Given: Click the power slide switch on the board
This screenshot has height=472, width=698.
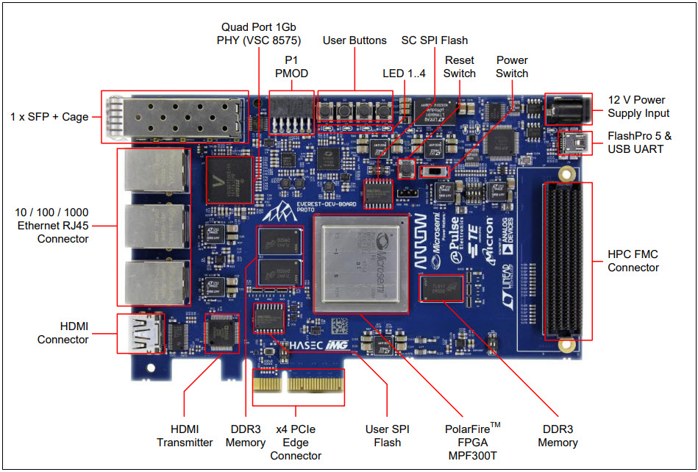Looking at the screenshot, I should (x=433, y=171).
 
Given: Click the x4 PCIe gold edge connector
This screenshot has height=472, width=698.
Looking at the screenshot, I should (x=299, y=387).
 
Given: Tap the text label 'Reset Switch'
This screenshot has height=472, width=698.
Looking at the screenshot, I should (x=459, y=67).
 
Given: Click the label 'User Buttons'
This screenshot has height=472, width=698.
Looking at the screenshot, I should (x=355, y=40).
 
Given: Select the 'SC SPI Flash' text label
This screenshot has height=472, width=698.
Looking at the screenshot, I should (x=434, y=40).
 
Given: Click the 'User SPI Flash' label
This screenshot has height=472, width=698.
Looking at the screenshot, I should (x=387, y=435).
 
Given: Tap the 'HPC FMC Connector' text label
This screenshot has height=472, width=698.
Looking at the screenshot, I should (x=633, y=261).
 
